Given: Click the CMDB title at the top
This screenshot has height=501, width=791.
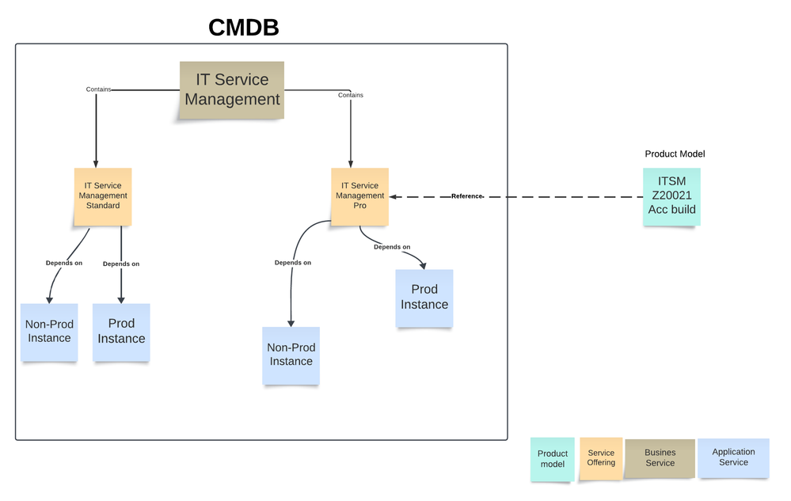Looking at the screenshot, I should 244,28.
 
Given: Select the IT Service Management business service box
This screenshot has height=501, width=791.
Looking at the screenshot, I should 232,90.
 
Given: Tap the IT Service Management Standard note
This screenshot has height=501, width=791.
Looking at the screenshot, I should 103,195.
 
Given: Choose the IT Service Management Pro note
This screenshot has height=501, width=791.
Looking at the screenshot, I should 359,195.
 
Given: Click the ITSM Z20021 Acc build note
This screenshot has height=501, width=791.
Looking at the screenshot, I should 671,196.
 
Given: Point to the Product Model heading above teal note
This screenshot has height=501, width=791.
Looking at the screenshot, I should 675,154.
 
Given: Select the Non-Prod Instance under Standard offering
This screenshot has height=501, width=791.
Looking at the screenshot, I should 49,332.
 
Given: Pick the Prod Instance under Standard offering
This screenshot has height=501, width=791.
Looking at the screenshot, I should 121,332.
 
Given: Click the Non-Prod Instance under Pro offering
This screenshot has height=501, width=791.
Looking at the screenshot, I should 291,355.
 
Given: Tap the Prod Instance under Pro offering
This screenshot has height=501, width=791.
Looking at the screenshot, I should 424,298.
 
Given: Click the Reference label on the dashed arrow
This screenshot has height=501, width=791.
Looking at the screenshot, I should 466,196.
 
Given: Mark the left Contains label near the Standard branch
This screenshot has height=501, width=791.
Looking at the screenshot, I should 98,89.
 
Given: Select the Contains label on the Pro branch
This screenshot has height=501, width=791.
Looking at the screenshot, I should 350,95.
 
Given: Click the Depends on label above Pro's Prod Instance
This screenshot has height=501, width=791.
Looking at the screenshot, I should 392,247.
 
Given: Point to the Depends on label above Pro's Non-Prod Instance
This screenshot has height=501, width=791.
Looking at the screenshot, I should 292,263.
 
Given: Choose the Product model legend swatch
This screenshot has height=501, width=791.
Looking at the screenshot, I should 553,459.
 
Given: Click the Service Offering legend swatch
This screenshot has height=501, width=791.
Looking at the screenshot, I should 601,458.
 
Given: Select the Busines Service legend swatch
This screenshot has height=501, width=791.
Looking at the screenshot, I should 660,458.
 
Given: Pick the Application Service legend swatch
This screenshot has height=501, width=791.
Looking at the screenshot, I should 733,457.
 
